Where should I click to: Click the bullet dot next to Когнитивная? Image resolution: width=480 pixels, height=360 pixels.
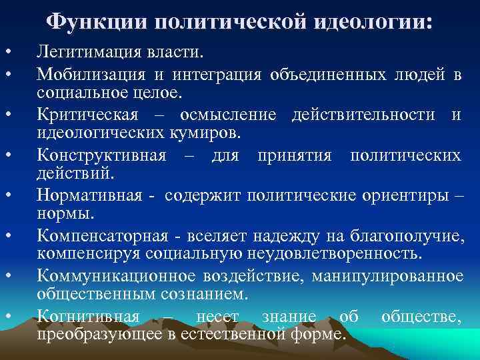pyautogui.click(x=7, y=317)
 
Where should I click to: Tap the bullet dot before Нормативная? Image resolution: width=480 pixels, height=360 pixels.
pyautogui.click(x=7, y=197)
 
